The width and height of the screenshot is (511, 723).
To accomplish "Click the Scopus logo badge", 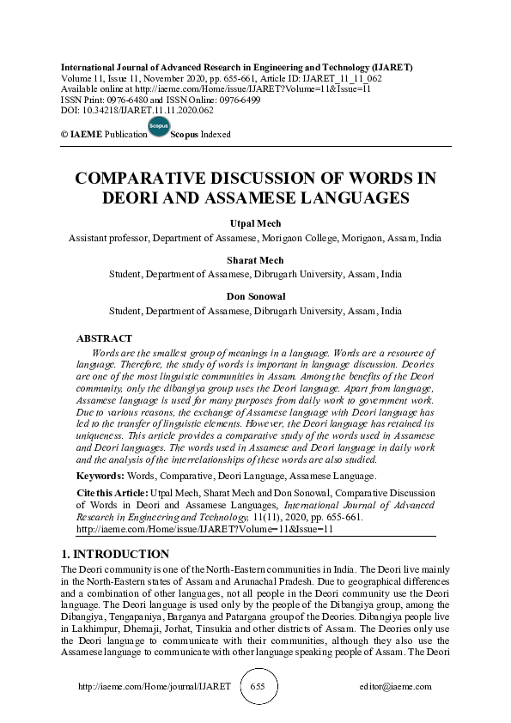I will click(x=158, y=127).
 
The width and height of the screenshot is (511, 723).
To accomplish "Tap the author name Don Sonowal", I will click(x=255, y=296).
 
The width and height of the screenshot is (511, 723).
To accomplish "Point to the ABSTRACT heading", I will click(x=104, y=339).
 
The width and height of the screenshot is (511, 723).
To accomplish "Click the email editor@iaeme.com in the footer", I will click(x=396, y=687).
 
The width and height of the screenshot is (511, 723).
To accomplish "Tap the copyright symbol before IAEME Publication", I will click(x=64, y=135).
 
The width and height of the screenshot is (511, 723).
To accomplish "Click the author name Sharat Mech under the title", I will click(x=255, y=258).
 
